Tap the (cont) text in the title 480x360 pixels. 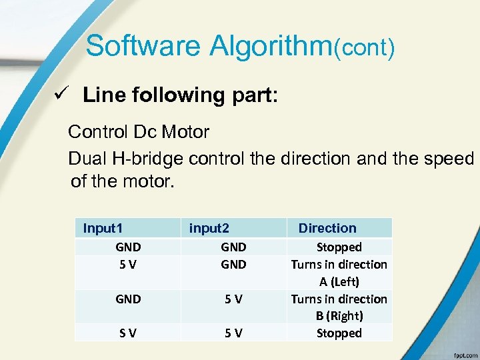[x=364, y=47]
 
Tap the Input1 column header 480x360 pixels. [x=103, y=228]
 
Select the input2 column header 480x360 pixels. [x=209, y=228]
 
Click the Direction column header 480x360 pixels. [x=327, y=228]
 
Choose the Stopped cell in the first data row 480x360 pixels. [x=339, y=247]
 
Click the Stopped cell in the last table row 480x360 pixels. [x=339, y=333]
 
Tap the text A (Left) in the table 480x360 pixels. [x=339, y=281]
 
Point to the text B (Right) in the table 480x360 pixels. [x=339, y=316]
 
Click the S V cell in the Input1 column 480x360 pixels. [x=128, y=333]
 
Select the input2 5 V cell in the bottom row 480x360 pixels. [x=233, y=333]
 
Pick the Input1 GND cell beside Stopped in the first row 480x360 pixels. [x=128, y=247]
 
